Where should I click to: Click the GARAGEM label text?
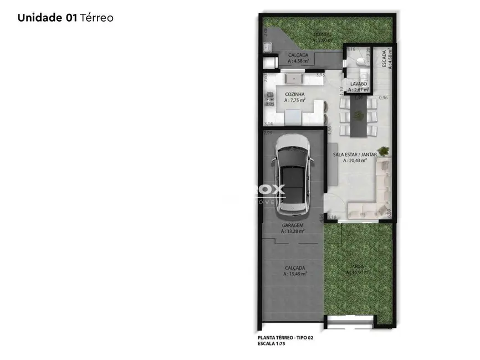(x=292, y=225)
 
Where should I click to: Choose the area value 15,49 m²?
(x=295, y=274)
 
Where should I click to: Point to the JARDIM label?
(x=357, y=266)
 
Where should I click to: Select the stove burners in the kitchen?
(x=269, y=99)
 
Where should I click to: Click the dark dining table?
(x=356, y=116)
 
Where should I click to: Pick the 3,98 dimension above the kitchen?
(x=320, y=74)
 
